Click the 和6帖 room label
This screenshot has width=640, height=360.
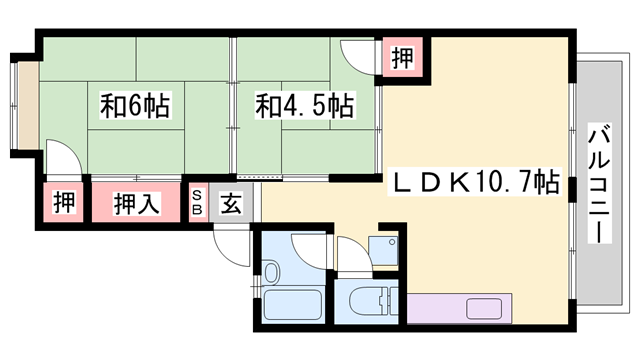134,104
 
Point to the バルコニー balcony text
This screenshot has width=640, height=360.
599,181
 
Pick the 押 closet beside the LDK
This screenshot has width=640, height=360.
401,58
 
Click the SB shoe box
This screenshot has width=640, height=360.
198,201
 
